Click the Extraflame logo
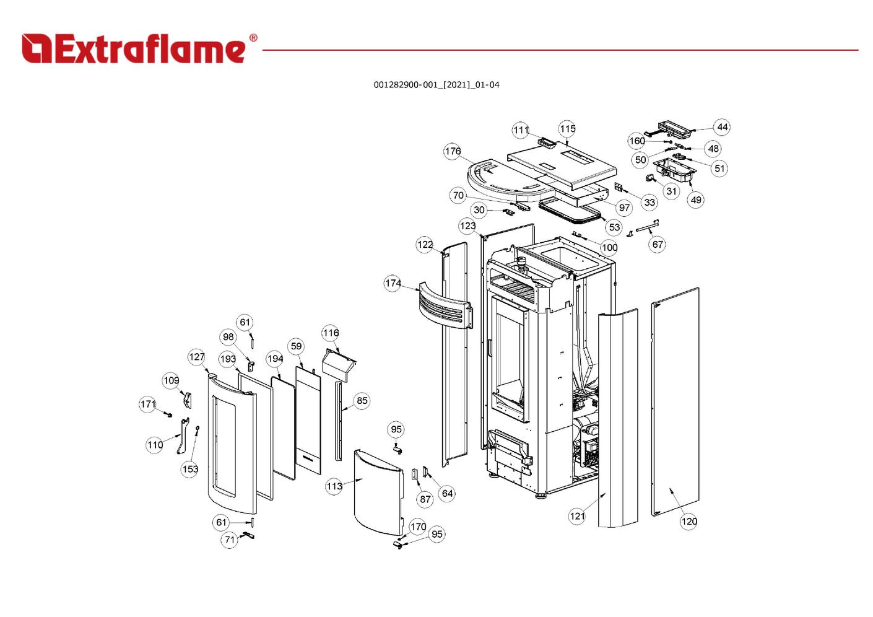[134, 49]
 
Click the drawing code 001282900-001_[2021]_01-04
[436, 85]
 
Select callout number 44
[722, 127]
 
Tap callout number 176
[453, 151]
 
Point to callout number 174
[393, 283]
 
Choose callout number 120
[689, 521]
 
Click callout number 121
[577, 516]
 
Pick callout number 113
[334, 486]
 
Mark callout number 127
[196, 357]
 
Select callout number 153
[190, 469]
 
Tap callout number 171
[148, 405]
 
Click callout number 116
[331, 333]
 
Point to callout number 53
[614, 227]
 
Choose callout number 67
[658, 244]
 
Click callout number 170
[418, 527]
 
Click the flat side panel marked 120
[675, 403]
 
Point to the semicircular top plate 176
[495, 180]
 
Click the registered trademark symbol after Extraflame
[253, 38]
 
